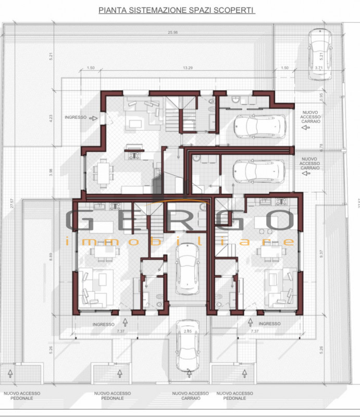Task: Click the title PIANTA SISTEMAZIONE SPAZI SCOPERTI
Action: coord(177,10)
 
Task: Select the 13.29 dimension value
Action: coord(189,68)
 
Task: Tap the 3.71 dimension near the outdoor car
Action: coord(319,68)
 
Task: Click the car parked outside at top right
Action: coord(319,54)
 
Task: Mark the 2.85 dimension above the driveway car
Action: coord(188,331)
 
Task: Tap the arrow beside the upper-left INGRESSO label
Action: coord(94,118)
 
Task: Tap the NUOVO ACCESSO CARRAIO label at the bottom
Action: coord(190,396)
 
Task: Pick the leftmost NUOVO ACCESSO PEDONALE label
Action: coord(19,396)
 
